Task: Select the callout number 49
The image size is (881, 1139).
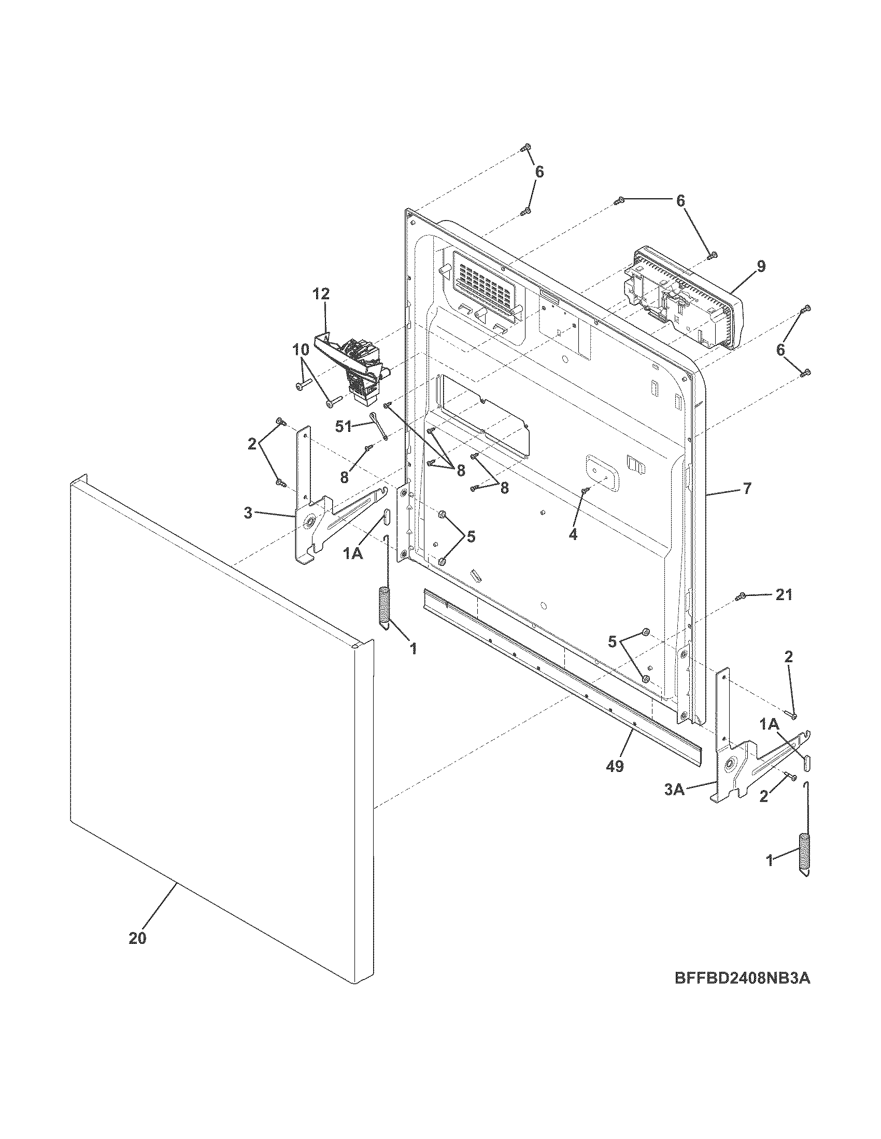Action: [616, 766]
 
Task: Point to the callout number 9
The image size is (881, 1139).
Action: [761, 266]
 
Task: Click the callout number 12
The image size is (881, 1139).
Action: [321, 294]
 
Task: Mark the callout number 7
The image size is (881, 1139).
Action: [747, 489]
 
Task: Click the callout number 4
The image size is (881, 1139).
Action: [573, 534]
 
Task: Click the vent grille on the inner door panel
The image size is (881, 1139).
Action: [483, 282]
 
